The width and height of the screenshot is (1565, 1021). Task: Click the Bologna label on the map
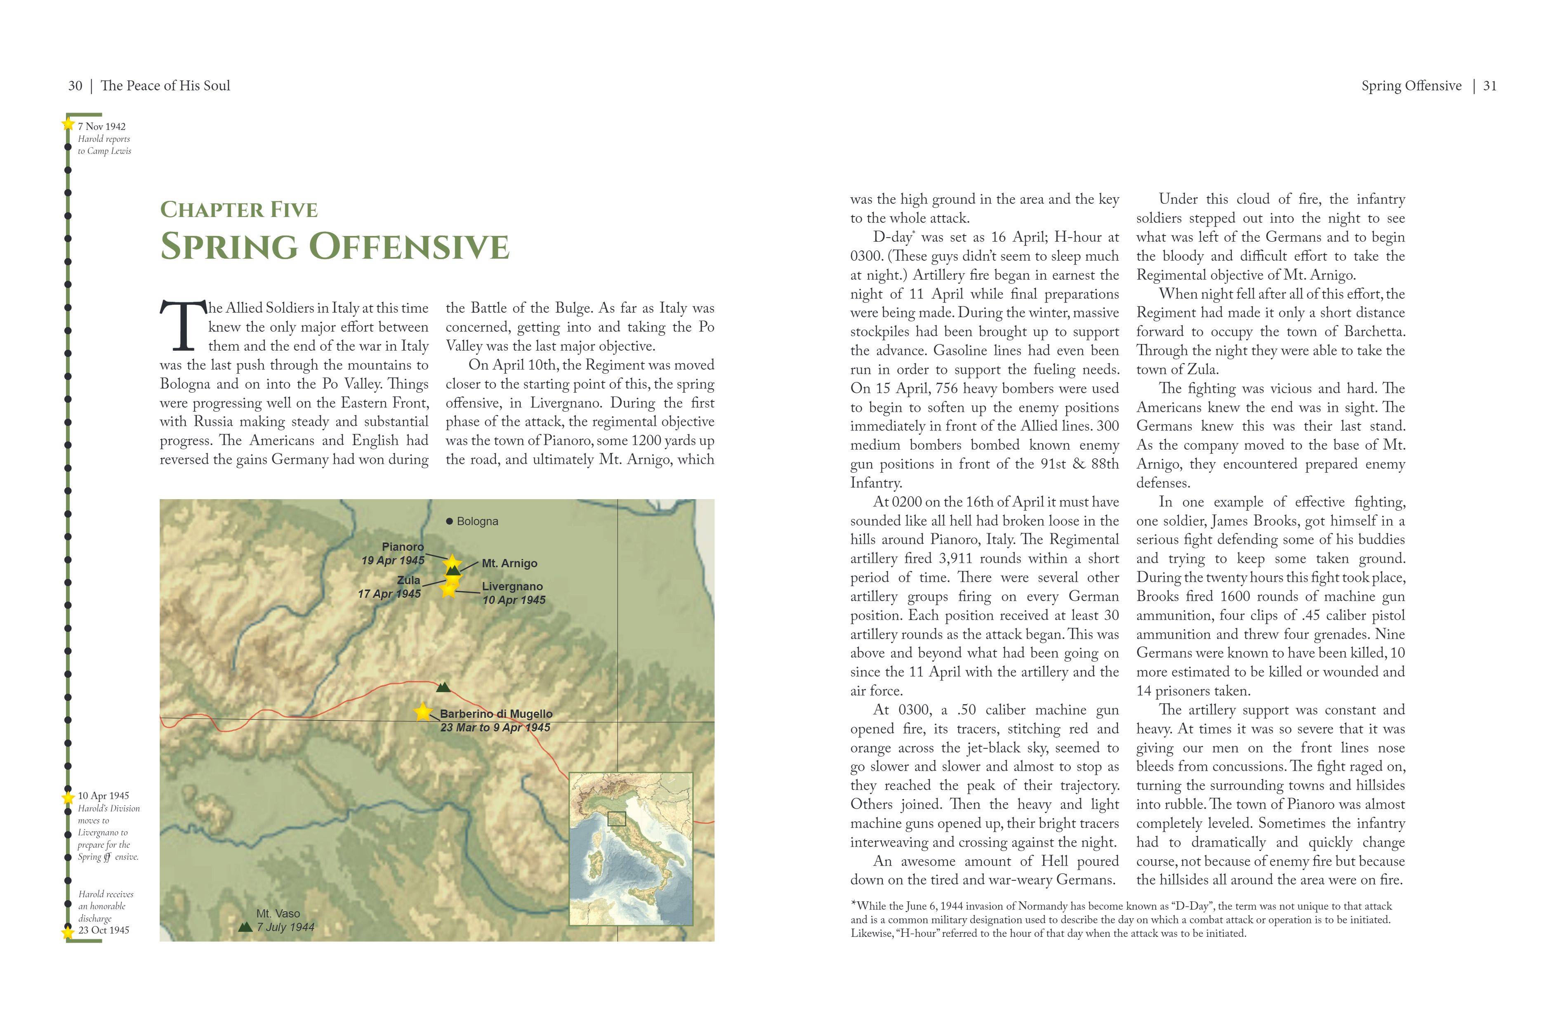pos(477,521)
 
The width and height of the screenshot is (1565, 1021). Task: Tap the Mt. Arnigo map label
pos(509,564)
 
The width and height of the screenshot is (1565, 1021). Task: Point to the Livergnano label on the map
pos(512,587)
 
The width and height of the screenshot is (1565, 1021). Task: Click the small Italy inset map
pos(631,849)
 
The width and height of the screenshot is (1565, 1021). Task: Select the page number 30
pos(75,86)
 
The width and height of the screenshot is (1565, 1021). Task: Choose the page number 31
pos(1490,86)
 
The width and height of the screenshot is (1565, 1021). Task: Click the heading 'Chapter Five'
pos(239,210)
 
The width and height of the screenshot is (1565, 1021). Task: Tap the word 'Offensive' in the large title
pos(409,247)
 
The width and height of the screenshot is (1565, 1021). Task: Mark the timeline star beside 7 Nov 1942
pos(68,124)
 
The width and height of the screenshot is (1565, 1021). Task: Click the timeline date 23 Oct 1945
pos(104,930)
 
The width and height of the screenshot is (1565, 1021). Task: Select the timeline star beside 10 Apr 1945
pos(68,797)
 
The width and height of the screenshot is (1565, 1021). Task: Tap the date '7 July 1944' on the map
pos(285,928)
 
